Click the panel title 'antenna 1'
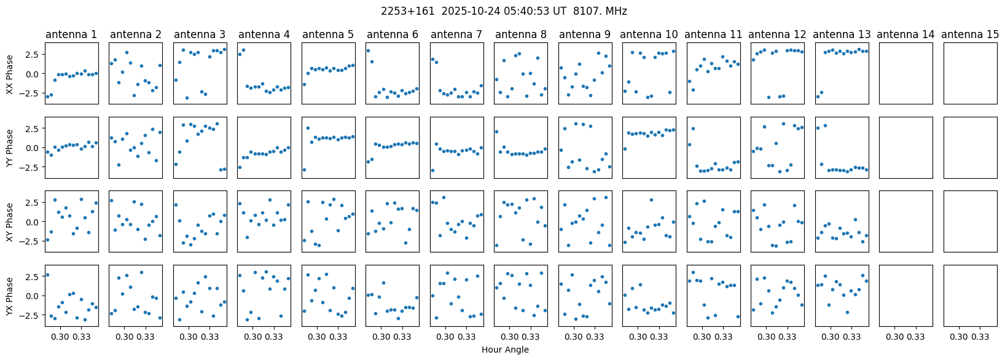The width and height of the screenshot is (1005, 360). [71, 35]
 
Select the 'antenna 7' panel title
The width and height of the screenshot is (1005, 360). [456, 35]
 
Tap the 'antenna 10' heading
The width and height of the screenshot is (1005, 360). [649, 35]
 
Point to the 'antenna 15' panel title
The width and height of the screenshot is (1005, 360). [970, 35]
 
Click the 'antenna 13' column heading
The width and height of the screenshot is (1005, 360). [842, 35]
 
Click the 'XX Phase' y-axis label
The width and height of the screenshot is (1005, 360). [10, 74]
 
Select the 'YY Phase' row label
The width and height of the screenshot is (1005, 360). [10, 147]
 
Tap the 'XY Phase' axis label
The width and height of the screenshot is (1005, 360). [10, 221]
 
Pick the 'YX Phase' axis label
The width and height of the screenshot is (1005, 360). [10, 295]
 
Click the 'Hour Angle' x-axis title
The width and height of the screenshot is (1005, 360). [505, 350]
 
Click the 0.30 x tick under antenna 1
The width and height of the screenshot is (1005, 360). [60, 337]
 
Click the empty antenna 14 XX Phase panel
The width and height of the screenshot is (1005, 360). [906, 74]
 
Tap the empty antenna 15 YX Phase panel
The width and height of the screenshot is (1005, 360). [970, 295]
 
